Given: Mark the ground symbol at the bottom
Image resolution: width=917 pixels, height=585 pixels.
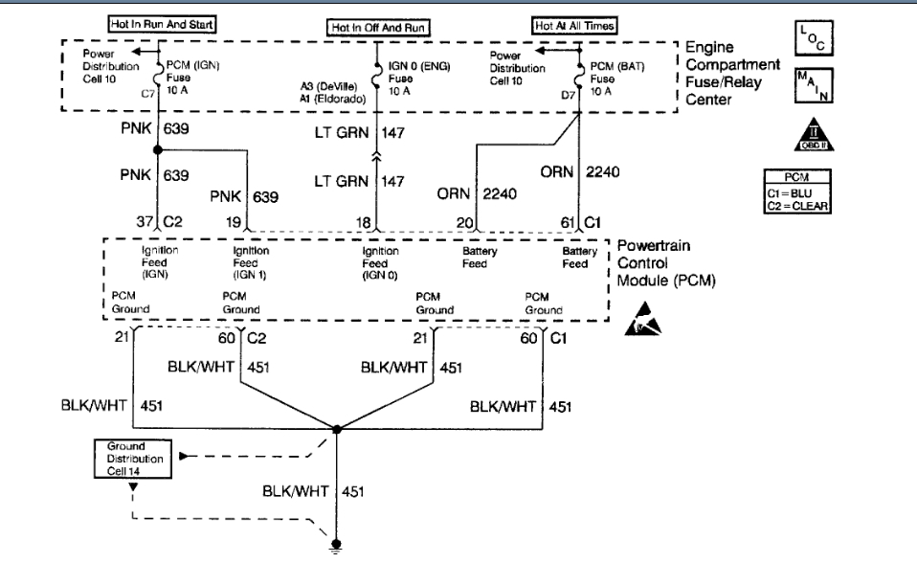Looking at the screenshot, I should pyautogui.click(x=336, y=550).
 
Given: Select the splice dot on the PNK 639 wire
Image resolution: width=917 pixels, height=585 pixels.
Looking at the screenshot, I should pyautogui.click(x=156, y=150).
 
